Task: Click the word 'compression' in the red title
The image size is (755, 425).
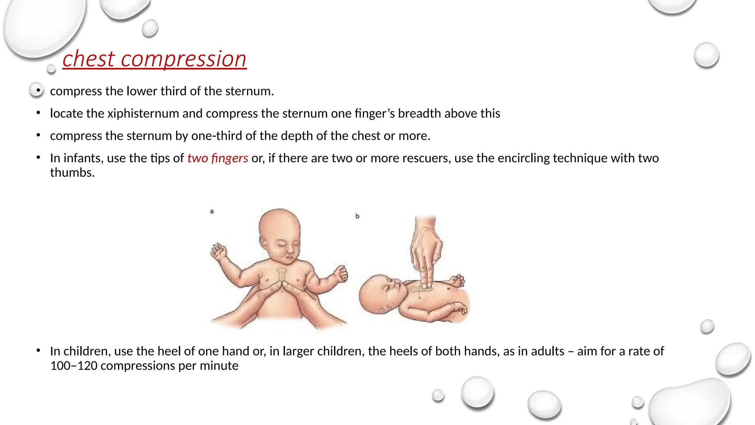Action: pyautogui.click(x=183, y=59)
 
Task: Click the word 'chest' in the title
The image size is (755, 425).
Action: pyautogui.click(x=88, y=59)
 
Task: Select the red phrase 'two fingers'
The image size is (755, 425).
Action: pyautogui.click(x=218, y=158)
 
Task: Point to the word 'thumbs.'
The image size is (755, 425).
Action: pyautogui.click(x=72, y=172)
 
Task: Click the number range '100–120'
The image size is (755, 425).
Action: pyautogui.click(x=74, y=366)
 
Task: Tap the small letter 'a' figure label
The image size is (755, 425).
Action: pyautogui.click(x=212, y=211)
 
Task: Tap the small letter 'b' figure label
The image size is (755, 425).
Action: pyautogui.click(x=357, y=216)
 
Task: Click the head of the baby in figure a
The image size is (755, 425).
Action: pyautogui.click(x=279, y=232)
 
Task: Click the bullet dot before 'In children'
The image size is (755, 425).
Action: pyautogui.click(x=38, y=350)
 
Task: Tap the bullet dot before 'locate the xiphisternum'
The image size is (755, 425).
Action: pyautogui.click(x=38, y=113)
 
